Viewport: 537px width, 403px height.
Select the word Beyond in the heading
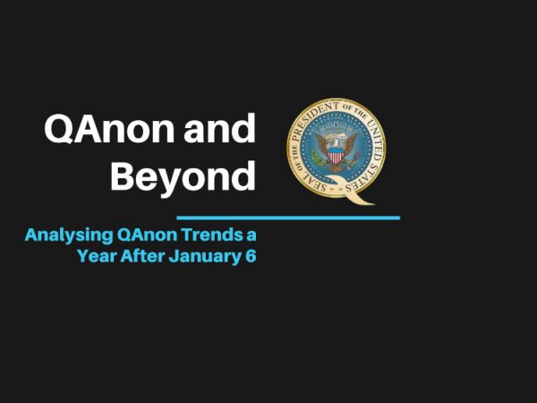[183, 177]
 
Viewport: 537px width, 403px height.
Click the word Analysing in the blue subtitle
[69, 236]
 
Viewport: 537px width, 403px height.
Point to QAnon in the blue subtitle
[147, 235]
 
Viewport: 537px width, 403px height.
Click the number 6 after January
[251, 256]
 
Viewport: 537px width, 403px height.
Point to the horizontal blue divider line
[288, 218]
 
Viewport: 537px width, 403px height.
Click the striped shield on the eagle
[336, 156]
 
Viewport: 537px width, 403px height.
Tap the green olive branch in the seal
[316, 159]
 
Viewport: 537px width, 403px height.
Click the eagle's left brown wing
[321, 143]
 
